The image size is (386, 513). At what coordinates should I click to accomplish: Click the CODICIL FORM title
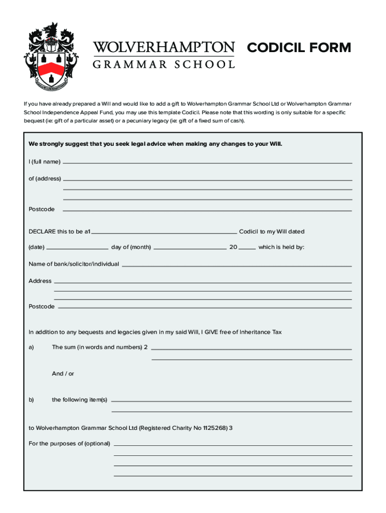click(299, 48)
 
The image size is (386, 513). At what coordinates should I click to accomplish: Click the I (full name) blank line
click(207, 163)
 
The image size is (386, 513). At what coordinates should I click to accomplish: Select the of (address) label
click(45, 178)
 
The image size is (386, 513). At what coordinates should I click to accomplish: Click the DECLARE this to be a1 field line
click(164, 233)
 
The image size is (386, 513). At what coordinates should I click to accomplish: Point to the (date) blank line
click(77, 248)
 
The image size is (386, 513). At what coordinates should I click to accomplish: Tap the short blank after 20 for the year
click(248, 248)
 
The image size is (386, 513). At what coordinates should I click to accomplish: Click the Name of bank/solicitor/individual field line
click(237, 266)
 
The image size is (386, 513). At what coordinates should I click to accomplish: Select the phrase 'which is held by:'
click(281, 247)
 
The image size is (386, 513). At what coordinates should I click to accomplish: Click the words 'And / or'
click(63, 374)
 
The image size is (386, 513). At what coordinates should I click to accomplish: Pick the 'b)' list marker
click(31, 400)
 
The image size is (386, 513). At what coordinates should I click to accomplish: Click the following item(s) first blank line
click(231, 401)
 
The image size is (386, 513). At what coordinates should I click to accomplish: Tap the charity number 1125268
click(216, 428)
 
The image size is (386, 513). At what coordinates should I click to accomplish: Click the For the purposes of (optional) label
click(69, 444)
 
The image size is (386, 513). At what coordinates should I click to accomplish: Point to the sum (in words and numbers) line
click(251, 349)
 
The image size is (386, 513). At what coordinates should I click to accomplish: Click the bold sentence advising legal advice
click(155, 144)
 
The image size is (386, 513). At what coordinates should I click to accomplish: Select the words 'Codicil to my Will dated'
click(272, 231)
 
